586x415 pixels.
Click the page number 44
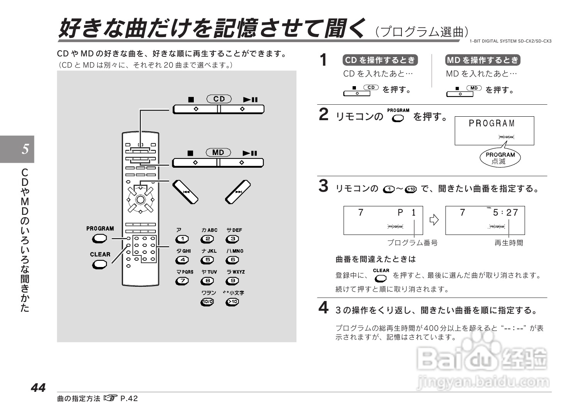(x=38, y=388)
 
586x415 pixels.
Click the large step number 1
(x=324, y=60)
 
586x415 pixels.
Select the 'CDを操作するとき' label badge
(x=380, y=60)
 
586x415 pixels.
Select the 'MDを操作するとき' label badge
(x=483, y=60)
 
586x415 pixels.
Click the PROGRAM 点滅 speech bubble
(x=500, y=158)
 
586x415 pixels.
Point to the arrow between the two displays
(x=434, y=220)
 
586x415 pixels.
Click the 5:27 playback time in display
(x=505, y=213)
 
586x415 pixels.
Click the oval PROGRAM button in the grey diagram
(x=99, y=239)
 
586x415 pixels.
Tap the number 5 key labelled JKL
(x=207, y=260)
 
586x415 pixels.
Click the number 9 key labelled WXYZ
(x=232, y=281)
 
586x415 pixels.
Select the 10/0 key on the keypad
(x=207, y=302)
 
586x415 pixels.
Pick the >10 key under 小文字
(x=232, y=302)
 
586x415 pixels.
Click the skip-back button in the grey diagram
(x=185, y=192)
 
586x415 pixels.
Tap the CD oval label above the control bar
(x=219, y=99)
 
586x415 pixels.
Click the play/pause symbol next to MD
(x=250, y=153)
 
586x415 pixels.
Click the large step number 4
(x=323, y=308)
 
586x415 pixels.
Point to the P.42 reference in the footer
(x=129, y=398)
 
